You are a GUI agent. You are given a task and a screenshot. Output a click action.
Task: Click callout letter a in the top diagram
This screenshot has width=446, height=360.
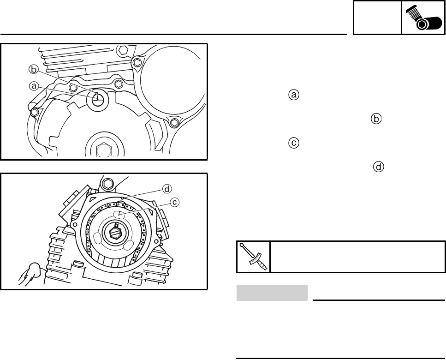point(34,86)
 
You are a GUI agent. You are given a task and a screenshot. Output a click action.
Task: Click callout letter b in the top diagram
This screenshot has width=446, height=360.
point(34,69)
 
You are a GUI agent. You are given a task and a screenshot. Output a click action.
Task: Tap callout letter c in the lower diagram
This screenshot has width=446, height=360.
point(175,202)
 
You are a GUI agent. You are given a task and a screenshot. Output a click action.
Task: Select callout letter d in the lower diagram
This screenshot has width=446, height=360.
point(167,189)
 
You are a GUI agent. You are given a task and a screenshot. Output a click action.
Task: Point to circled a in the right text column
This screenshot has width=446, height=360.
point(294,95)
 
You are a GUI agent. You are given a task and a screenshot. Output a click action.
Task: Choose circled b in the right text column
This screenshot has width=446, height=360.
point(376,119)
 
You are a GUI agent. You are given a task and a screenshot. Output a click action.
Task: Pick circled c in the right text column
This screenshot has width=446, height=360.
point(294,143)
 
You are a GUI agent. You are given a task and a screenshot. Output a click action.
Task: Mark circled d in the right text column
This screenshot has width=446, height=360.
point(379,167)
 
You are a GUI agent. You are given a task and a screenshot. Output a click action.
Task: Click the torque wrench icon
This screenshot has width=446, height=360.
point(253,257)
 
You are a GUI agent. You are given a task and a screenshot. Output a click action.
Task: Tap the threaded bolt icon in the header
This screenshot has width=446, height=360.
point(423,18)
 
